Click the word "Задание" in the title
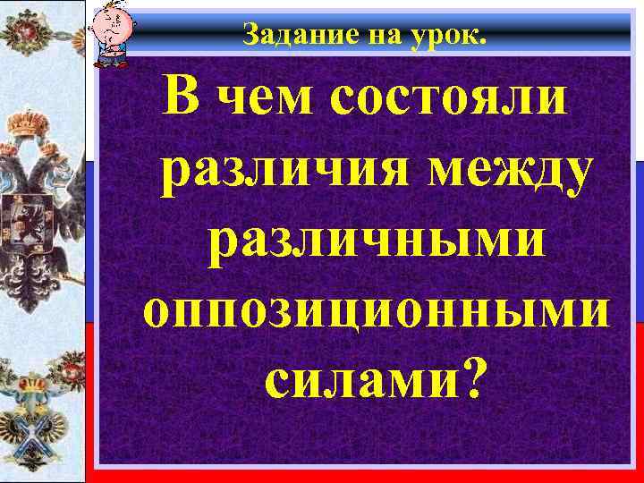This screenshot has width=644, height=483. [x=282, y=37]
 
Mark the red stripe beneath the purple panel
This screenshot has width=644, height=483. [x=358, y=474]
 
